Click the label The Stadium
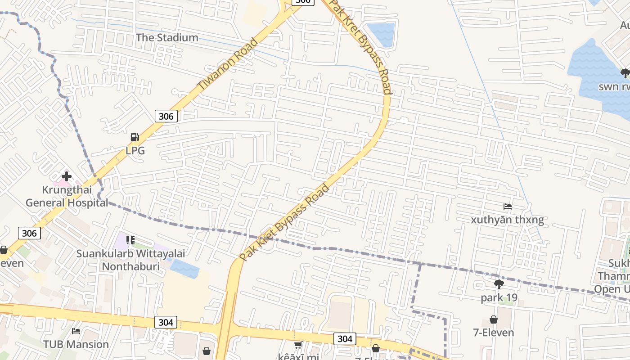tap(167, 37)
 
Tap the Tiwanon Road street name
tap(227, 63)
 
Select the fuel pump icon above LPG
tap(135, 137)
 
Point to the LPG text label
tap(135, 151)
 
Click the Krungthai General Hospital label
tap(67, 196)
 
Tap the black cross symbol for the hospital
tap(67, 176)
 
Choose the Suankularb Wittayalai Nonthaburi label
tap(130, 260)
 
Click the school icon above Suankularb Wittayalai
tap(130, 240)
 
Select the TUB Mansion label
tap(76, 344)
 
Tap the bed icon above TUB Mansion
tap(76, 331)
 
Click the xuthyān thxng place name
tap(507, 220)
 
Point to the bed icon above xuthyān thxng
tap(508, 207)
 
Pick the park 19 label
tap(499, 298)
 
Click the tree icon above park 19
tap(499, 284)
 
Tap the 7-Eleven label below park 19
tap(494, 333)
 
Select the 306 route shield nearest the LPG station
tap(166, 116)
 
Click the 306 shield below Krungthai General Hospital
tap(30, 233)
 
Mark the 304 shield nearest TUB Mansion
tap(166, 322)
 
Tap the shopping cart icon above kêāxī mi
tap(298, 345)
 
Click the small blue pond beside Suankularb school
tap(185, 269)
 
